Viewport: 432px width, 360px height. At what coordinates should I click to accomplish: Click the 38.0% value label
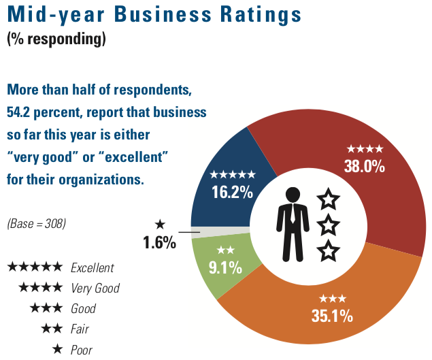click(x=365, y=165)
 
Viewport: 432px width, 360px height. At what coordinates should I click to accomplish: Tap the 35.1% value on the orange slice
click(x=333, y=315)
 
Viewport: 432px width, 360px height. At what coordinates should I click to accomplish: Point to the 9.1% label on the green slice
click(x=225, y=267)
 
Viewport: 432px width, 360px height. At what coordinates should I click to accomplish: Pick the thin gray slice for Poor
click(x=196, y=232)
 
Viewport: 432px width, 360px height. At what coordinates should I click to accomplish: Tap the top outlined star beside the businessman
click(x=329, y=199)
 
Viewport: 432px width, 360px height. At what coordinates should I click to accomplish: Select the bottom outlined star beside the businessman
click(x=329, y=250)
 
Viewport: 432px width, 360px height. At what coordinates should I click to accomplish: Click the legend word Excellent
click(x=93, y=267)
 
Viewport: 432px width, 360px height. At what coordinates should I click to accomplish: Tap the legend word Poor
click(x=82, y=350)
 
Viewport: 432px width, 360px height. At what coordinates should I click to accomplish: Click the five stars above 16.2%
click(x=233, y=174)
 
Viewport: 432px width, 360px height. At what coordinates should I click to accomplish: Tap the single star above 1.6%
click(x=160, y=223)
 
